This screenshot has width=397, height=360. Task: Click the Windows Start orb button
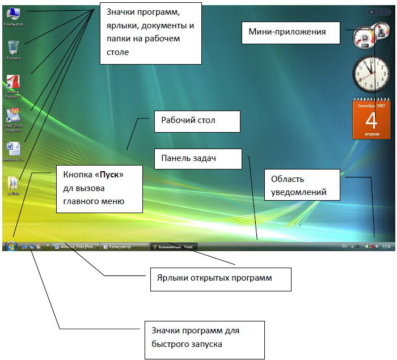10,247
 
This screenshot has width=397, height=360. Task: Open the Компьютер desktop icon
12,14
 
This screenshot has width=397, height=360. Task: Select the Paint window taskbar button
170,247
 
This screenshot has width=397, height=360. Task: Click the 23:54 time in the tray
386,247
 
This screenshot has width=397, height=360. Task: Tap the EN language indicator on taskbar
343,247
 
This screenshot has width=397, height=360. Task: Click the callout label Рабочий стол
188,121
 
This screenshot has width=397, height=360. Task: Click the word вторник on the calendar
371,135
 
